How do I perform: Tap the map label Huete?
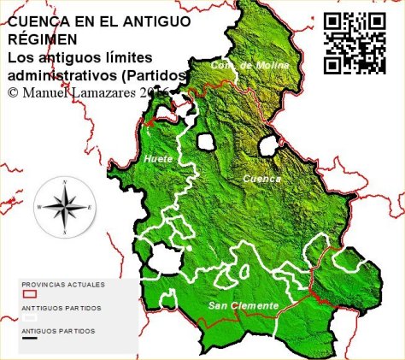tap(159, 159)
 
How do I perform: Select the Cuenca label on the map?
tap(261, 179)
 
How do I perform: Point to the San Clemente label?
tap(244, 305)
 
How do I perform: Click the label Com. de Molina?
tap(250, 65)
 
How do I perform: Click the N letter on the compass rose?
tap(64, 181)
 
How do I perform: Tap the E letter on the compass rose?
tap(91, 208)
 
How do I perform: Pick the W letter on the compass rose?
tap(38, 208)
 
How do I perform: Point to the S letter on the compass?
tap(64, 233)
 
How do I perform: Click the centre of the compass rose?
tap(64, 207)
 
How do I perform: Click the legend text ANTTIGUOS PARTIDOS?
tap(61, 307)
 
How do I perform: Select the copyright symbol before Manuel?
tap(12, 91)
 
